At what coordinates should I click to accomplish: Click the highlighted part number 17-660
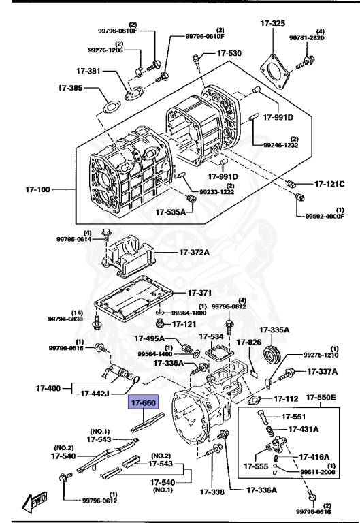(144, 403)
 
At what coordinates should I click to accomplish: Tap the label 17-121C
(329, 184)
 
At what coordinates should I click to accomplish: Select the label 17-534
(211, 336)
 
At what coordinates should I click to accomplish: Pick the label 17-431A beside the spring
(305, 429)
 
